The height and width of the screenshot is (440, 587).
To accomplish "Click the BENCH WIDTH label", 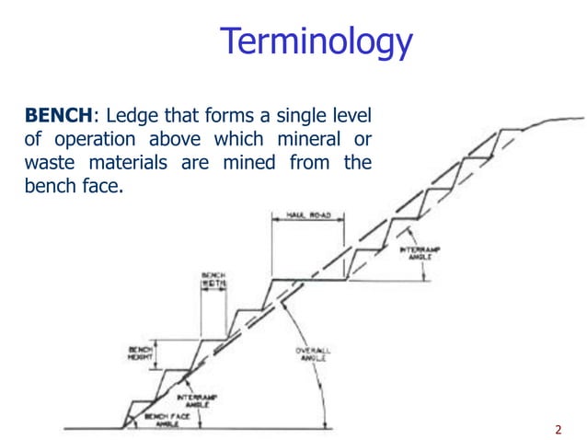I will click(x=213, y=280).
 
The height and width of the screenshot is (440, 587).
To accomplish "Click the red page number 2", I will click(x=558, y=428).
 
